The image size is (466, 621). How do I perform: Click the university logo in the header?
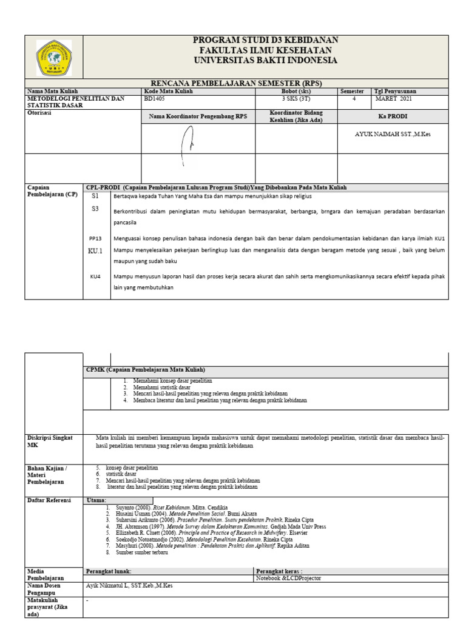pos(54,58)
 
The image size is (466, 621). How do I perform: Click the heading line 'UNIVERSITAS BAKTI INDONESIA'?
pos(265,61)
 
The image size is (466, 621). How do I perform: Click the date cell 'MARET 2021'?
pos(393,98)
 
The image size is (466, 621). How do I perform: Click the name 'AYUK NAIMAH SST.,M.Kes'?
pos(393,134)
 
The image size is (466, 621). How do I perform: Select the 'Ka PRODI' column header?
pos(393,116)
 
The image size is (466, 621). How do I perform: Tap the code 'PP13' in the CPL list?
pos(95,238)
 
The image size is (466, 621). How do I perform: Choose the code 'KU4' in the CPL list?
pos(95,277)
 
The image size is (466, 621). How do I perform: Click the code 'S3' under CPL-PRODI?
pos(95,209)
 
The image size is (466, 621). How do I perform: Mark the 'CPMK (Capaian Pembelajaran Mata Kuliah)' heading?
pos(146,370)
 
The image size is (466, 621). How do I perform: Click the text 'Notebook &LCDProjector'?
pos(288,579)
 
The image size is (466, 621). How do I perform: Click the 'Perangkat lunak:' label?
pos(109,571)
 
